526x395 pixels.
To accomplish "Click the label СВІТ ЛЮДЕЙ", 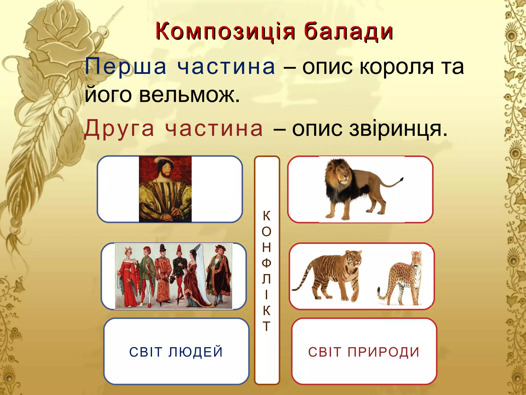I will tap(176, 352).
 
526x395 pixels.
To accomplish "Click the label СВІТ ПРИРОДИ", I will tap(364, 352).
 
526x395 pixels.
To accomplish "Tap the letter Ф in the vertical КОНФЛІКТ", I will tap(267, 263).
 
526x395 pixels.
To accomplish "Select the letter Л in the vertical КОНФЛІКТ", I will tap(267, 279).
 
